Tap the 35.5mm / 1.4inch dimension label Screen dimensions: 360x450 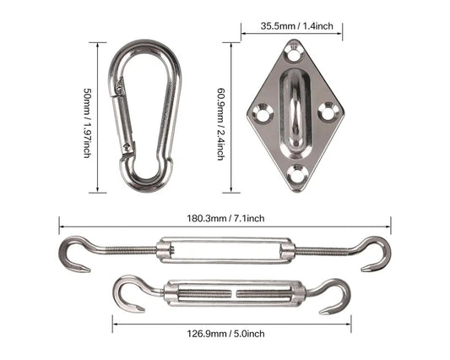click(291, 26)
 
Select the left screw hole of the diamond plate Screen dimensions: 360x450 click(262, 112)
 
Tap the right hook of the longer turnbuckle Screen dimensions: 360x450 click(376, 254)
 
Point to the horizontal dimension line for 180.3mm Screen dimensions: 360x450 click(127, 224)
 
